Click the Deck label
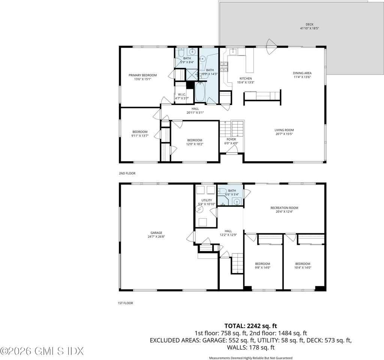click(309, 24)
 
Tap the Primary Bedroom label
click(142, 75)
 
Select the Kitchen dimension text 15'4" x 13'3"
click(246, 82)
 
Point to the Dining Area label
click(302, 73)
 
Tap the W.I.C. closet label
click(181, 94)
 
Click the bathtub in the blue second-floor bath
click(200, 92)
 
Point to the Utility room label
click(207, 201)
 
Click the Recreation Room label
click(284, 208)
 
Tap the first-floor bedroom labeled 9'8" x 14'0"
click(262, 264)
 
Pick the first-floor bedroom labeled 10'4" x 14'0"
click(303, 264)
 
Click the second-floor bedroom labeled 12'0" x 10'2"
click(195, 140)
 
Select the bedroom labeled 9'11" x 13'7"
click(140, 132)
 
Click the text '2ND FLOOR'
click(127, 173)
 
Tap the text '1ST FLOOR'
click(125, 303)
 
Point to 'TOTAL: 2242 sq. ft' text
click(250, 325)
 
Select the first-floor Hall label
click(228, 231)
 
